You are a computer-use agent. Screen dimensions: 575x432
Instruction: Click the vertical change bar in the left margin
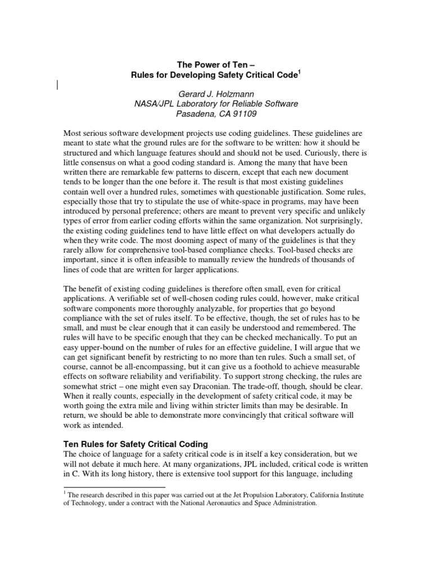pos(58,85)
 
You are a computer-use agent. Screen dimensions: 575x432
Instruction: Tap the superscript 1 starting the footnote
pos(64,493)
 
